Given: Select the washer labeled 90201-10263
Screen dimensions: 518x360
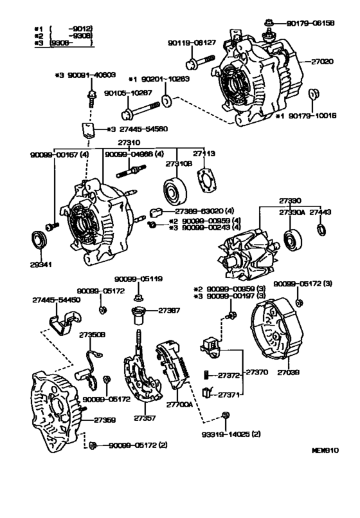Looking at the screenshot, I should pos(166,101).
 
